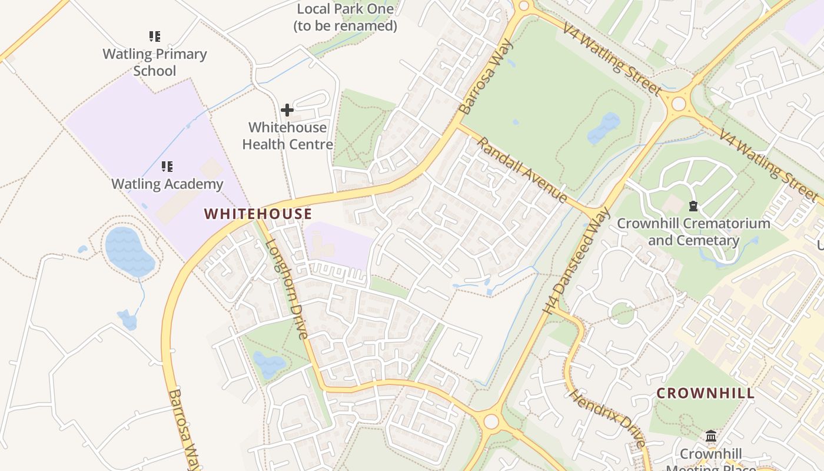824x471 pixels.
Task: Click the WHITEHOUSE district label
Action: click(258, 214)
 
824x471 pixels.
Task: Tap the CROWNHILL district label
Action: click(705, 393)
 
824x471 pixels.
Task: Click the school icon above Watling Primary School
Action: click(155, 37)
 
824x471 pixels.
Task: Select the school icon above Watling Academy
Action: click(167, 167)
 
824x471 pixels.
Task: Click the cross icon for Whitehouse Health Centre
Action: click(287, 110)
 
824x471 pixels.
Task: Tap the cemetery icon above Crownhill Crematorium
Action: click(693, 206)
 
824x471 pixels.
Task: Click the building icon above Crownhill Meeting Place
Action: click(711, 436)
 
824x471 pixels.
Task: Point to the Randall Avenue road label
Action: click(522, 170)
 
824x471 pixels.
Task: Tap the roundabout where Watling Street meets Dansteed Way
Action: click(679, 104)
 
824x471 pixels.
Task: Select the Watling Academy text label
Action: click(167, 184)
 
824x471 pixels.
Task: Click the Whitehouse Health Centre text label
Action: click(287, 135)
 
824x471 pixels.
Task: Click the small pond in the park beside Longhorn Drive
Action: click(268, 363)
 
